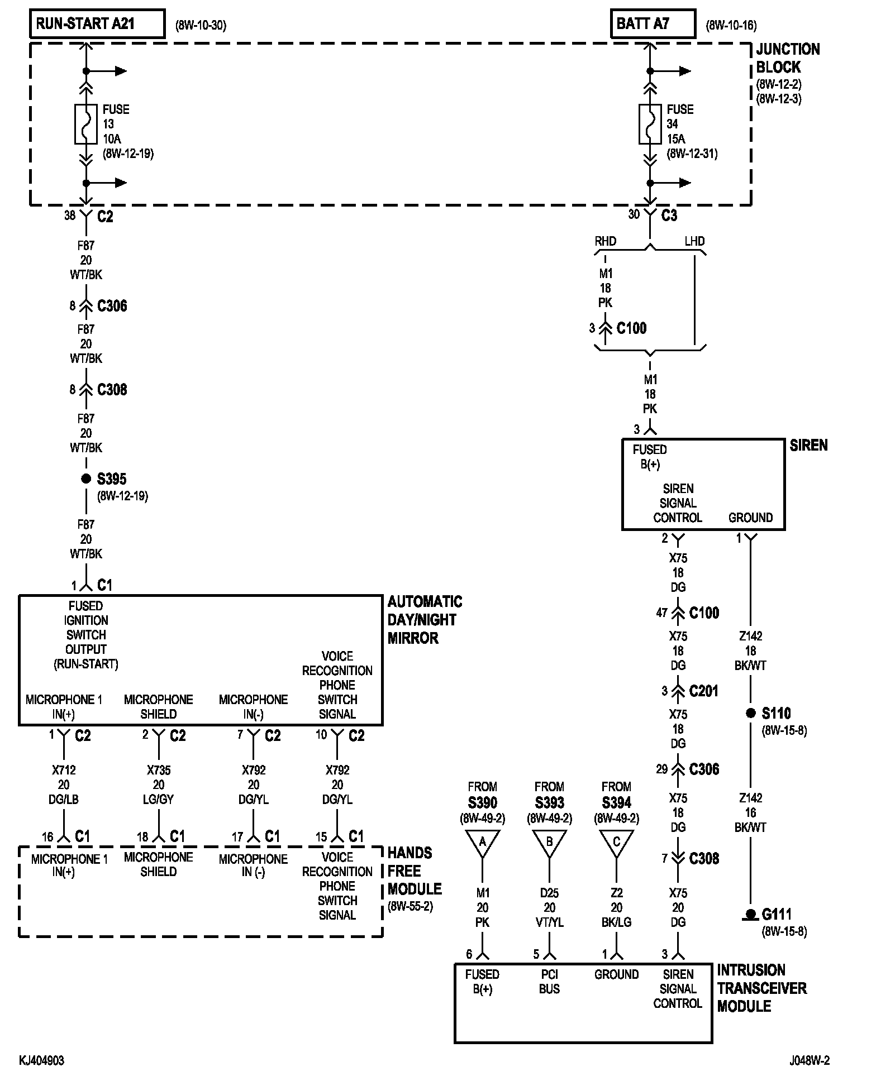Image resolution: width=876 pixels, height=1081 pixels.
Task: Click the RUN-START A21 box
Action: (97, 23)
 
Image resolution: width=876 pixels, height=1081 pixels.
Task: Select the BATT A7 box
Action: (653, 23)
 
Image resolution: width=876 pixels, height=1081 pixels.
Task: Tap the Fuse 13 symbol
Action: (86, 123)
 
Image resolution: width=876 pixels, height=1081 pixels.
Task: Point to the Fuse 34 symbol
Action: (650, 123)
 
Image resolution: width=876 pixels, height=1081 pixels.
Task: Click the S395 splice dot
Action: (86, 479)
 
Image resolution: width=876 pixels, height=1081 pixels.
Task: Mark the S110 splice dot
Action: (750, 713)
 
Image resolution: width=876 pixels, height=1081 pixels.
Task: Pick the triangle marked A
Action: (482, 843)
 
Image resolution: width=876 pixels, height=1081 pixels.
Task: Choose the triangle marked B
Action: (549, 843)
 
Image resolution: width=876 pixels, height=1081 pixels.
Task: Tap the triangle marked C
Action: (616, 843)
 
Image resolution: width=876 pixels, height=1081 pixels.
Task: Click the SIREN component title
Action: (808, 446)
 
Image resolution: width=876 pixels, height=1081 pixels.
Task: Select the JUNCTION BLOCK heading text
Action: (788, 58)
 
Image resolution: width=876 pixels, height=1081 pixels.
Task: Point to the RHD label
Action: (606, 241)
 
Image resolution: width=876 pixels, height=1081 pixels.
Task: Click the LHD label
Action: (694, 241)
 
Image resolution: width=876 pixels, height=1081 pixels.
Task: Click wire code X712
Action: (64, 770)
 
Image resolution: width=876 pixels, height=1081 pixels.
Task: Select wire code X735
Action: (159, 770)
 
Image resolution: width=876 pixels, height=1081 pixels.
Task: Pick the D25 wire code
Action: (549, 893)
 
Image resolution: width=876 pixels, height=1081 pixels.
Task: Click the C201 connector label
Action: (704, 691)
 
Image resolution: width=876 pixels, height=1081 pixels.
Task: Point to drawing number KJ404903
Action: (41, 1060)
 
